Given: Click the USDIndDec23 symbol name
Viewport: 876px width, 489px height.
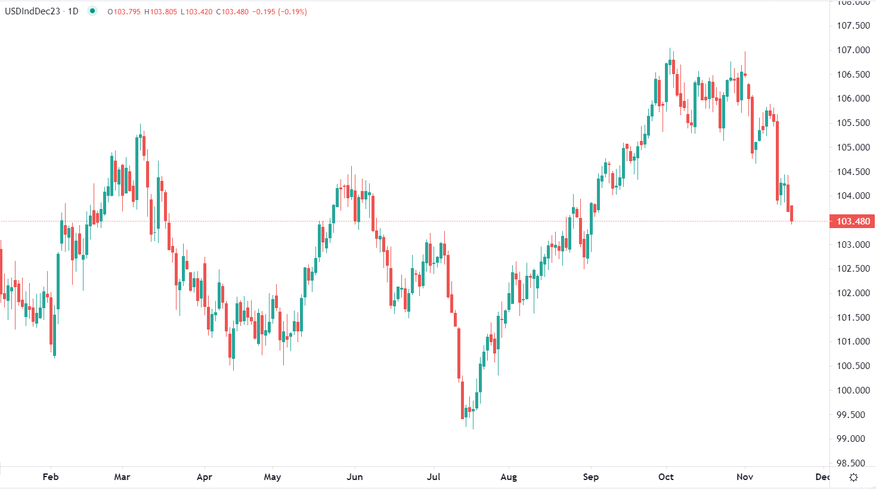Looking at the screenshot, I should pos(32,11).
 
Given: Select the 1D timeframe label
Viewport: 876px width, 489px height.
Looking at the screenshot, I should pos(73,11).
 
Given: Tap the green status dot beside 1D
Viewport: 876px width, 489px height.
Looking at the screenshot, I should pos(92,11).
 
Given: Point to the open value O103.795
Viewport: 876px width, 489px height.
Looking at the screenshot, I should pos(124,12).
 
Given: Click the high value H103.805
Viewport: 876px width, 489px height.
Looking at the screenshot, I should pos(161,12).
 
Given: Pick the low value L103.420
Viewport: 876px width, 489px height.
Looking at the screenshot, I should pos(197,12).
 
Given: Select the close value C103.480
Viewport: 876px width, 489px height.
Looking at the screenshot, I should pos(233,12).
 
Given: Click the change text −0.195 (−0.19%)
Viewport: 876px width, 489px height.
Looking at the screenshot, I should pos(280,12).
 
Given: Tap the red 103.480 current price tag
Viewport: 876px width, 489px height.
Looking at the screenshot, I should pos(853,222).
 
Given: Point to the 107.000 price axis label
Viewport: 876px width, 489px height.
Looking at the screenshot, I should pos(853,50).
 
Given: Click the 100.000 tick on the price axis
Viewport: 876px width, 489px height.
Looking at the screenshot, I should pos(853,390).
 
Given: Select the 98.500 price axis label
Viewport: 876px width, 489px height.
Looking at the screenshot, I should pos(853,463).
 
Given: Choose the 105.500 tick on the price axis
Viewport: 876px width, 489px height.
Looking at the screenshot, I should pos(853,123).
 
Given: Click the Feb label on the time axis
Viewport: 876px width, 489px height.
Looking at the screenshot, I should pos(51,477).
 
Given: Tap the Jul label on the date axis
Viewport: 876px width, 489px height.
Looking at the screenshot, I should pos(434,477).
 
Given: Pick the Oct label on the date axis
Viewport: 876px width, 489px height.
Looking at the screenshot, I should pos(666,477).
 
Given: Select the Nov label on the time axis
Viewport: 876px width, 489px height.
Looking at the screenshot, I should pos(745,477).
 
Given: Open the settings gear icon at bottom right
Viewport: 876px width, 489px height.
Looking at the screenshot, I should pos(853,477).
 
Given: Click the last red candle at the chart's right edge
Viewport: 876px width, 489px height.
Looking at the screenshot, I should pos(791,214).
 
